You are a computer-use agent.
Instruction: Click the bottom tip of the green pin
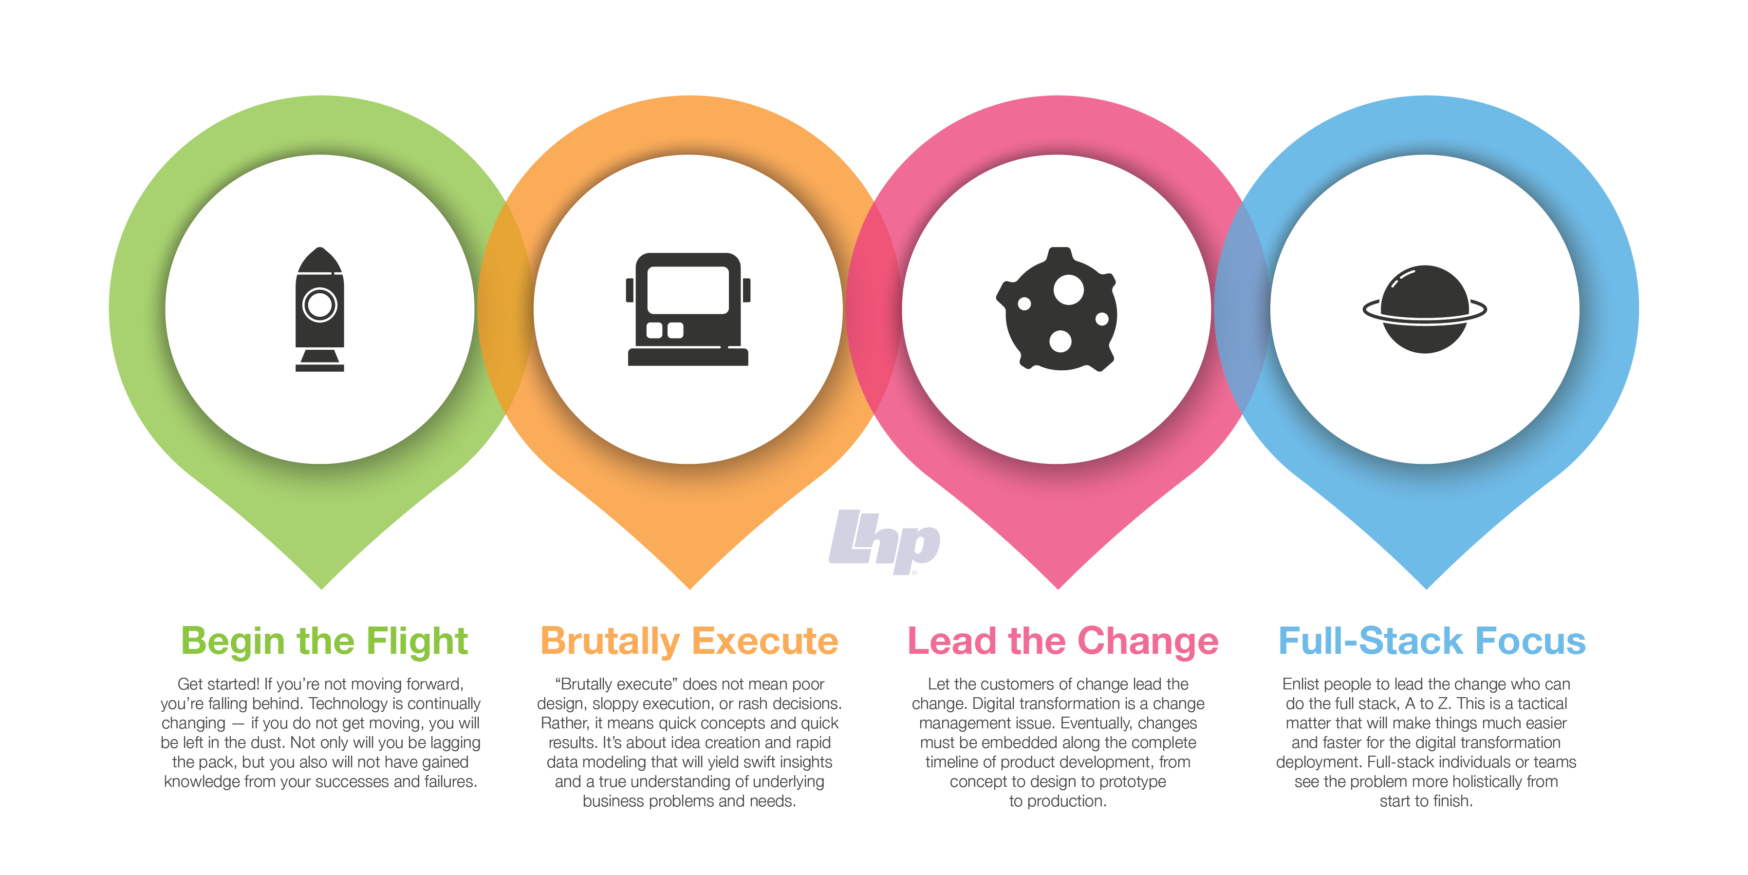pos(322,589)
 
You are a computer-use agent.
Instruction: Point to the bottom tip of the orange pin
pos(690,589)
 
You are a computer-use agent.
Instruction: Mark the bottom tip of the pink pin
pos(1058,589)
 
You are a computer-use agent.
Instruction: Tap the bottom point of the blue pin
pos(1426,589)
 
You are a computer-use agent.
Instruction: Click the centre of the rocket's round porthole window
pos(319,305)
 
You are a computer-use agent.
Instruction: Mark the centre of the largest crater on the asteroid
pos(1069,290)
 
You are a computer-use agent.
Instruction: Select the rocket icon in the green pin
pos(319,309)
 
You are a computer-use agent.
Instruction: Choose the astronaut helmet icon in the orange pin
pos(688,309)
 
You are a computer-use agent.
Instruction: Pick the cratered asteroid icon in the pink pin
pos(1057,309)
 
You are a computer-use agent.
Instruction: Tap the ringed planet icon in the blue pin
pos(1425,309)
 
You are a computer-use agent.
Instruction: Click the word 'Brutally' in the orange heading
pos(610,642)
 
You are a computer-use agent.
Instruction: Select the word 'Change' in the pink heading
pos(1148,642)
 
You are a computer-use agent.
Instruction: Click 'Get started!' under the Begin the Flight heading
pos(219,684)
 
